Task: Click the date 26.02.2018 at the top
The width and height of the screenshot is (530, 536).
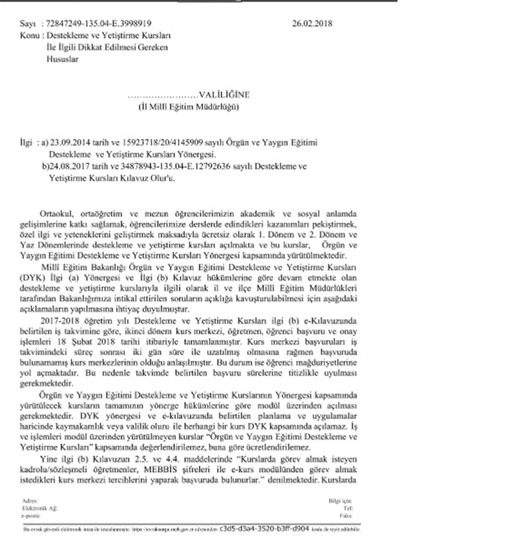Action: click(311, 25)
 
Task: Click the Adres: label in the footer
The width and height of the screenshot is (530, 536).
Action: click(28, 500)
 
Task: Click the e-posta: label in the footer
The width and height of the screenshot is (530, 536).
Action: click(29, 516)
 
